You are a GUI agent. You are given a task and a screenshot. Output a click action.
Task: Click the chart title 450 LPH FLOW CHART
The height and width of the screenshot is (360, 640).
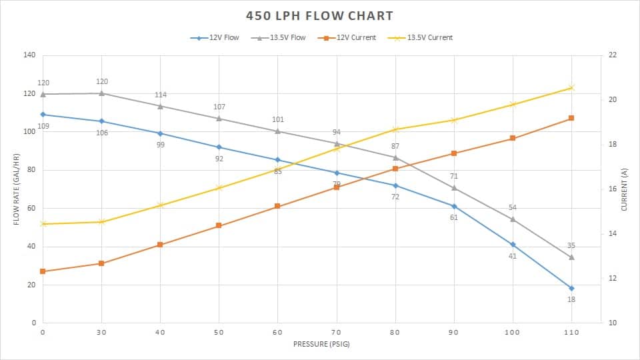pyautogui.click(x=320, y=15)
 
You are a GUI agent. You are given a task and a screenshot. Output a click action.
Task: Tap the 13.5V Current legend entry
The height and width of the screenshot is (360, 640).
pyautogui.click(x=429, y=38)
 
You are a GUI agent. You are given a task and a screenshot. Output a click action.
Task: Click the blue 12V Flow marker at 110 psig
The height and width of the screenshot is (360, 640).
pyautogui.click(x=571, y=288)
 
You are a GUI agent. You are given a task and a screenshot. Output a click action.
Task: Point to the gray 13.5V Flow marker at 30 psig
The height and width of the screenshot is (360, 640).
pyautogui.click(x=101, y=93)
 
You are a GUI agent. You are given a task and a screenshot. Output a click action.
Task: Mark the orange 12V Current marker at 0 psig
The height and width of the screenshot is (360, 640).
pyautogui.click(x=43, y=271)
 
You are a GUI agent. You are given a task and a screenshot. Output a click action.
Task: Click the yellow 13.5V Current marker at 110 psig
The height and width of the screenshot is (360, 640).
pyautogui.click(x=571, y=87)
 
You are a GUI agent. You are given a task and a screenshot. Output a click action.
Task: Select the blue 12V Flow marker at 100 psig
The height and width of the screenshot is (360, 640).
pyautogui.click(x=513, y=245)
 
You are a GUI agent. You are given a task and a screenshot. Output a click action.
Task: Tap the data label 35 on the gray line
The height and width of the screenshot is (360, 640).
pyautogui.click(x=571, y=246)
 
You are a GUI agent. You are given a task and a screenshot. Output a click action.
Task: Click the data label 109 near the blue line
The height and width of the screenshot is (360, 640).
pyautogui.click(x=43, y=126)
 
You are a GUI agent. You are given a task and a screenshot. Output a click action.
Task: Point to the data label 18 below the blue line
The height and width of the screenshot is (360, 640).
pyautogui.click(x=571, y=299)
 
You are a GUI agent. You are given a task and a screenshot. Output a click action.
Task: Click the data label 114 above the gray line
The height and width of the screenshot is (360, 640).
pyautogui.click(x=161, y=95)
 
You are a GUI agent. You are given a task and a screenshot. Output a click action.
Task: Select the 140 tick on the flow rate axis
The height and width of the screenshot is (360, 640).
pyautogui.click(x=29, y=55)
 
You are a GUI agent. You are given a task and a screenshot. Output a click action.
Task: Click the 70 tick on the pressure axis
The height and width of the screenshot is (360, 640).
pyautogui.click(x=337, y=331)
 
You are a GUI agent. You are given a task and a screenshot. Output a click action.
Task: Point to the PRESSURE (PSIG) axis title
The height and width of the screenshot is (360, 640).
pyautogui.click(x=321, y=345)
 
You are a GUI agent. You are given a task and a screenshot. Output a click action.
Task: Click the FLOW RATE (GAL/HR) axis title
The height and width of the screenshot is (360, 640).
pyautogui.click(x=15, y=189)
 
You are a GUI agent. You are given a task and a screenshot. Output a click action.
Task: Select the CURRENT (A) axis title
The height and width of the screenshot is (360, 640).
pyautogui.click(x=625, y=189)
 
